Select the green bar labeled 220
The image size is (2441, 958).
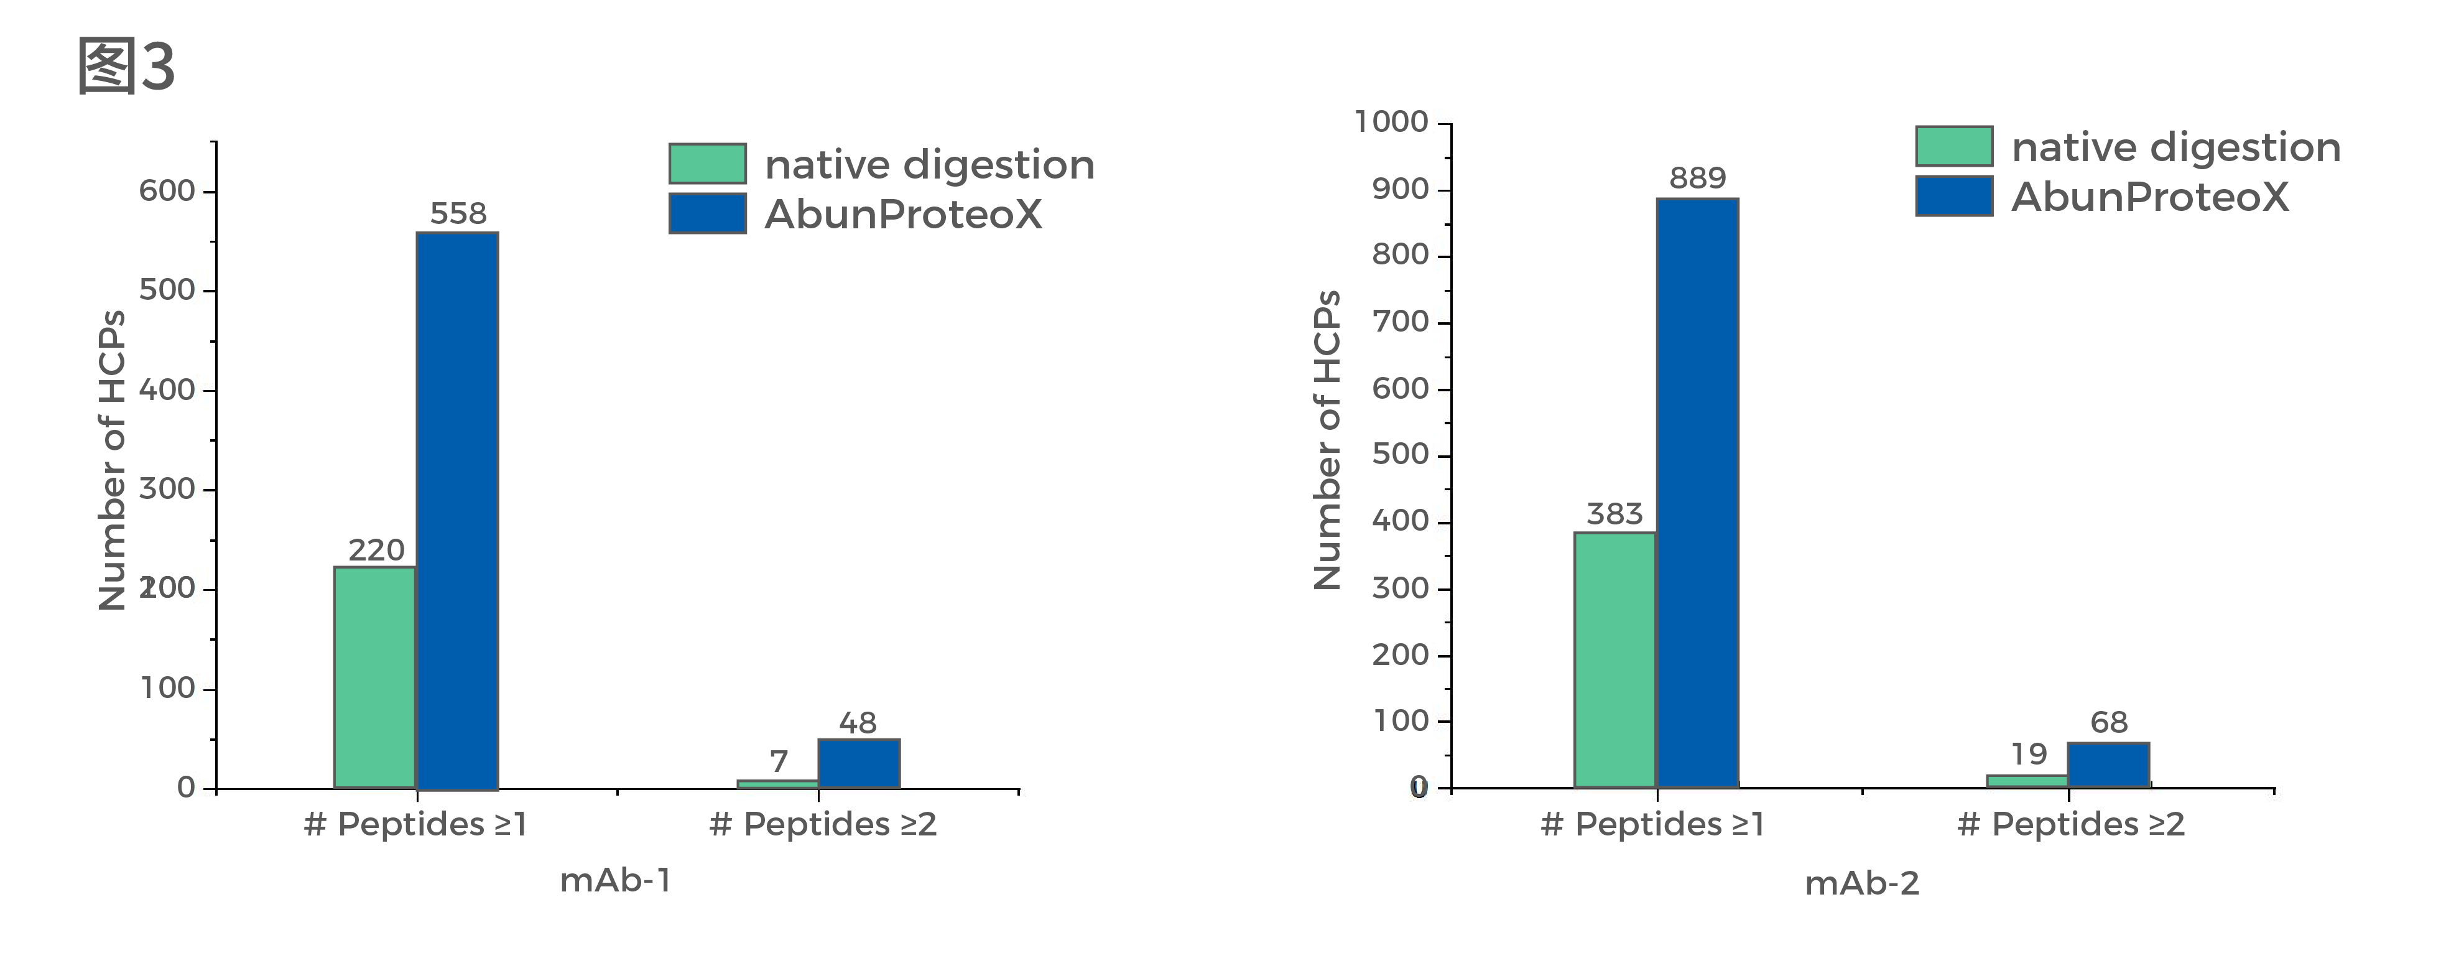(375, 677)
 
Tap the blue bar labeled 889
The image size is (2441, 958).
(1697, 493)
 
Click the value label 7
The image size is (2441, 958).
(779, 761)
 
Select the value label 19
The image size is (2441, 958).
(2029, 755)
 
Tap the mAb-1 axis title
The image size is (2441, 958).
(616, 880)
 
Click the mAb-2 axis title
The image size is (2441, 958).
(1862, 883)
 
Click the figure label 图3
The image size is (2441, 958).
(126, 67)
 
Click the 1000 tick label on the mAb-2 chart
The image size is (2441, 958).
(1391, 122)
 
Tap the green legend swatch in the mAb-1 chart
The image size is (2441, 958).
(707, 164)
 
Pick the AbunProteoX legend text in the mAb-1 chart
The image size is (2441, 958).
(903, 215)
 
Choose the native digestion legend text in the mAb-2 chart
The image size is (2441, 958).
(2175, 148)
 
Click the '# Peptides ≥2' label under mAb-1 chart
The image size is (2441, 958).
(823, 824)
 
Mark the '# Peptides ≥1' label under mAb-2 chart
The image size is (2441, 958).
(1652, 824)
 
